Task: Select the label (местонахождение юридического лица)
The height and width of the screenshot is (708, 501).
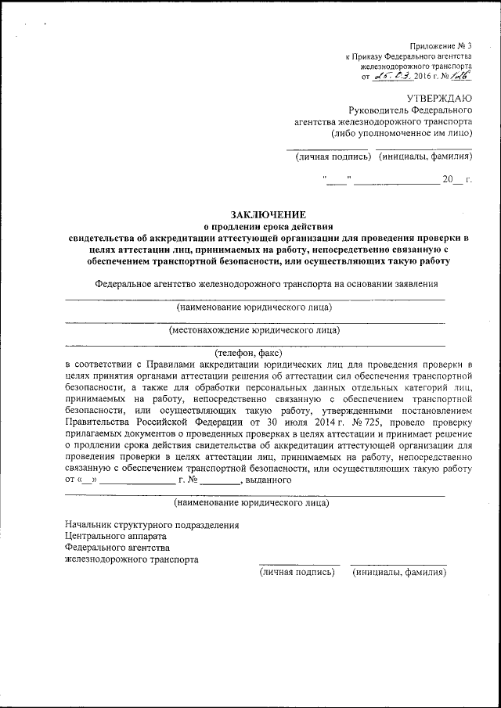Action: pyautogui.click(x=254, y=329)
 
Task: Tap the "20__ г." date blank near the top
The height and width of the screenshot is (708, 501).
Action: pyautogui.click(x=457, y=181)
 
